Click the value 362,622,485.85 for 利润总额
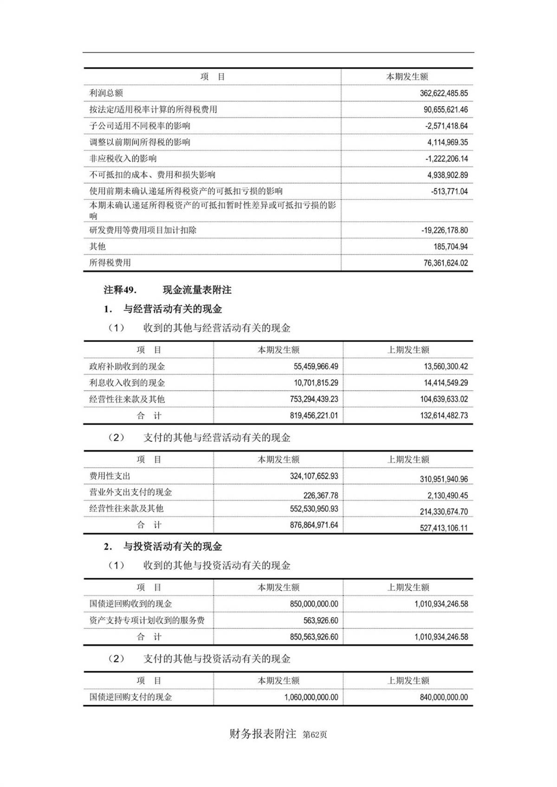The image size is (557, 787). (x=443, y=93)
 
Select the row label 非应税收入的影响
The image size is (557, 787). (x=123, y=159)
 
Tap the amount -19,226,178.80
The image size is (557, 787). (x=445, y=230)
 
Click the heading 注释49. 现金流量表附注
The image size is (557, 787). (x=168, y=290)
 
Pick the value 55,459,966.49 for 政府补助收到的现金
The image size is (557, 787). (x=316, y=367)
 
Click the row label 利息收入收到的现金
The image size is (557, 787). (x=127, y=383)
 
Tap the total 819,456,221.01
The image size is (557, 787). (x=314, y=416)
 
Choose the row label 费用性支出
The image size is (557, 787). (x=110, y=476)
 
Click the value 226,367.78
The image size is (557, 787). (x=320, y=496)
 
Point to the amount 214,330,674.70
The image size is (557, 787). (x=444, y=512)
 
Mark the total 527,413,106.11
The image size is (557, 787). (x=444, y=528)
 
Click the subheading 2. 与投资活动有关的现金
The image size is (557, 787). (x=163, y=547)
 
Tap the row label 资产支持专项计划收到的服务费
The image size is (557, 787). (x=147, y=620)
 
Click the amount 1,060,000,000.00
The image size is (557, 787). (x=311, y=697)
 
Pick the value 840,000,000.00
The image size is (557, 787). (x=444, y=697)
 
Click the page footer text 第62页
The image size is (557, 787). (x=315, y=735)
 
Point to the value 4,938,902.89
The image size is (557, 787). (x=447, y=175)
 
